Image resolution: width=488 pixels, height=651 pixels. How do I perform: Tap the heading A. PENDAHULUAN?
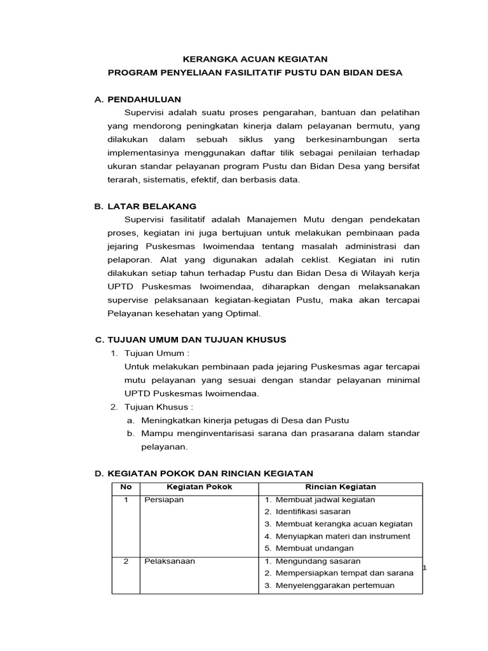pyautogui.click(x=138, y=99)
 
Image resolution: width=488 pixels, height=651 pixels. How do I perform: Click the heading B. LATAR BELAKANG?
pyautogui.click(x=146, y=206)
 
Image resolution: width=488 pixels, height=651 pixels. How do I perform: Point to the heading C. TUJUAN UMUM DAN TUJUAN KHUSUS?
pyautogui.click(x=190, y=339)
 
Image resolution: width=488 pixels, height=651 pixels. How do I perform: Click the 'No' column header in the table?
pyautogui.click(x=126, y=487)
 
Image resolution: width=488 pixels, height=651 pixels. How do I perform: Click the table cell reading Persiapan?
pyautogui.click(x=164, y=500)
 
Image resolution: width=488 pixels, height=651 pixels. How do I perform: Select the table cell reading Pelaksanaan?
pyautogui.click(x=169, y=561)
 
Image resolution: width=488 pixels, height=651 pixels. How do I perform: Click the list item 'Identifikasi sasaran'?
pyautogui.click(x=313, y=511)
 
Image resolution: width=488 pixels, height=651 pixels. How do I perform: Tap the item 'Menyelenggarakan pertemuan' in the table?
pyautogui.click(x=335, y=586)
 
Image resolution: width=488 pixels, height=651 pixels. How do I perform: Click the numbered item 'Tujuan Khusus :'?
pyautogui.click(x=159, y=407)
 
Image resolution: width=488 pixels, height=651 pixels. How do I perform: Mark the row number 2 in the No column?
pyautogui.click(x=126, y=561)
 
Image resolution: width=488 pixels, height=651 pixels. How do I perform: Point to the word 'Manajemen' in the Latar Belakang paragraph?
pyautogui.click(x=270, y=219)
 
